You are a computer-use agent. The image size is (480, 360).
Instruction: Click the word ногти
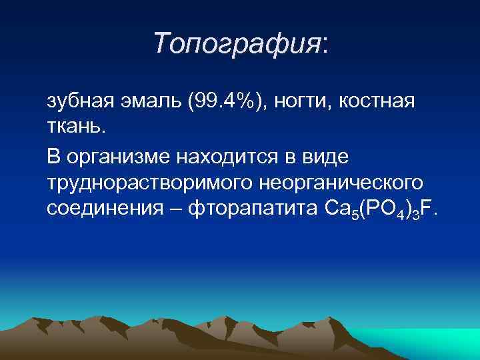[x=307, y=103]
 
